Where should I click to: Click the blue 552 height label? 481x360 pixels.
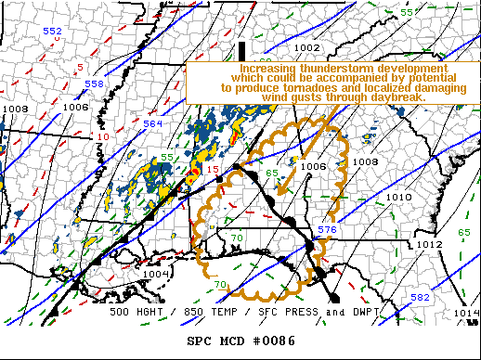click(x=53, y=32)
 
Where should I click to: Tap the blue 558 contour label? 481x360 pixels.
click(x=95, y=84)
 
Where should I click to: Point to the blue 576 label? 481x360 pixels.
click(x=326, y=228)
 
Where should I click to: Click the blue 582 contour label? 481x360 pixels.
click(x=420, y=297)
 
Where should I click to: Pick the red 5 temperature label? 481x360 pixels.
click(x=80, y=67)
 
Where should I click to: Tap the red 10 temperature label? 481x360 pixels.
click(x=102, y=137)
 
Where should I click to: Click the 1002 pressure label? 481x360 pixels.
click(x=307, y=47)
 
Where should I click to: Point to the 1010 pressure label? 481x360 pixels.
click(x=398, y=198)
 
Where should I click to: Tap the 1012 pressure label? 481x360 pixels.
click(x=428, y=244)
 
